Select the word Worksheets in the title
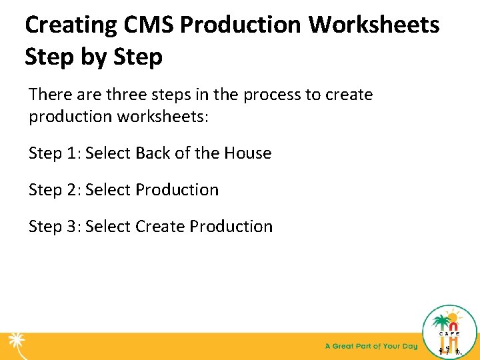click(x=374, y=25)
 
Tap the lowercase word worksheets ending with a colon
click(x=163, y=116)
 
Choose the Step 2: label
click(x=55, y=190)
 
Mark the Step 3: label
click(x=55, y=227)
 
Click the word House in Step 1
click(x=247, y=153)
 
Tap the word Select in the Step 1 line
click(x=108, y=153)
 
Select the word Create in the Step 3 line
click(x=160, y=227)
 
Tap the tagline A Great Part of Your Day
click(x=371, y=346)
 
